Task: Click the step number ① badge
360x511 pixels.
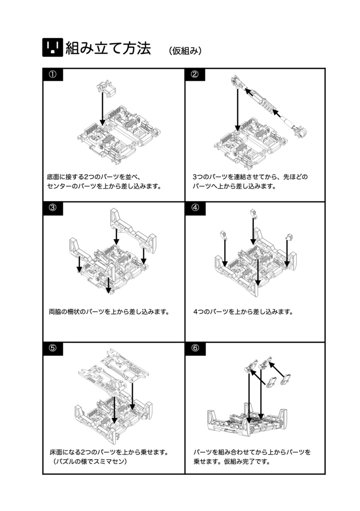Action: (x=52, y=75)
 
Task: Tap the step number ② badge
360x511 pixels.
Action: (x=195, y=75)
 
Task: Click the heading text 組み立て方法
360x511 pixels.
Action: (x=108, y=48)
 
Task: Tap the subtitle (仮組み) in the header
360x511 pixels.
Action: (x=185, y=50)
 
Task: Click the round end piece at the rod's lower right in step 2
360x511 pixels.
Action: (x=301, y=131)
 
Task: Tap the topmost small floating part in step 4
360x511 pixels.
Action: (x=254, y=215)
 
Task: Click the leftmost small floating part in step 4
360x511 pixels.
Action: (x=224, y=236)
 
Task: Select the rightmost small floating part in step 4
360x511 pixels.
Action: (x=288, y=237)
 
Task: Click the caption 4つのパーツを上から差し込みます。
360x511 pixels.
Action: (x=243, y=312)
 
